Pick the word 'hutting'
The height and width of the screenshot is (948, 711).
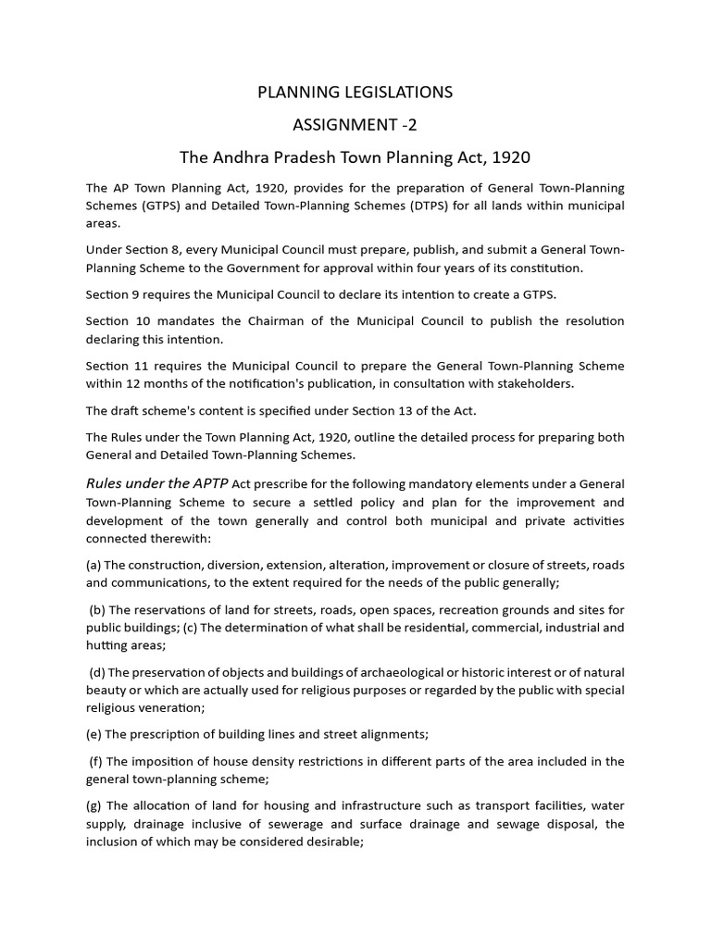106,645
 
